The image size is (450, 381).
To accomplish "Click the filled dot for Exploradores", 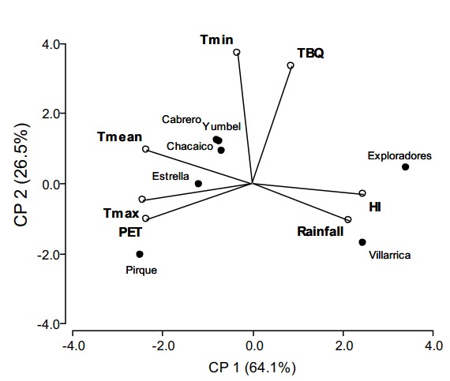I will (x=405, y=166).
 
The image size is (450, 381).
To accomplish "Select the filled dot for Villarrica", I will (x=362, y=242).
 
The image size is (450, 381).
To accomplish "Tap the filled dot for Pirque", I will (x=140, y=254).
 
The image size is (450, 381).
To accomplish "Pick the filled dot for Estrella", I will (x=198, y=183).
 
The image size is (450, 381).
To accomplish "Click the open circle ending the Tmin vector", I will (x=236, y=52).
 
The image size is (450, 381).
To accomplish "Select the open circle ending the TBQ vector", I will (x=290, y=65).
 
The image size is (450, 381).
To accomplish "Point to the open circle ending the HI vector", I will (x=362, y=193).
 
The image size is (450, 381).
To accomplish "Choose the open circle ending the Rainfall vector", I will (x=348, y=219).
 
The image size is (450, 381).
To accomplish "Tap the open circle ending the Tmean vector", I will (x=145, y=149).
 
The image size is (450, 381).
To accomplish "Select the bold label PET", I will (x=130, y=233).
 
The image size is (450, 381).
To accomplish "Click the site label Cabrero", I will (x=182, y=120).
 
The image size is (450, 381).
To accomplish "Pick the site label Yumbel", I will (x=221, y=125).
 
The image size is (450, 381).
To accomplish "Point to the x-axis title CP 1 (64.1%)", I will (x=253, y=368).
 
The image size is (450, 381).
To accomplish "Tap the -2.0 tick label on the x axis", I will (x=163, y=345).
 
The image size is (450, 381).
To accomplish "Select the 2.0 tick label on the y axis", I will (x=52, y=114).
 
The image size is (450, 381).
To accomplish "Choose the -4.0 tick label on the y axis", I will (x=50, y=324).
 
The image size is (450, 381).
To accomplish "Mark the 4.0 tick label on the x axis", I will (x=433, y=345).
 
